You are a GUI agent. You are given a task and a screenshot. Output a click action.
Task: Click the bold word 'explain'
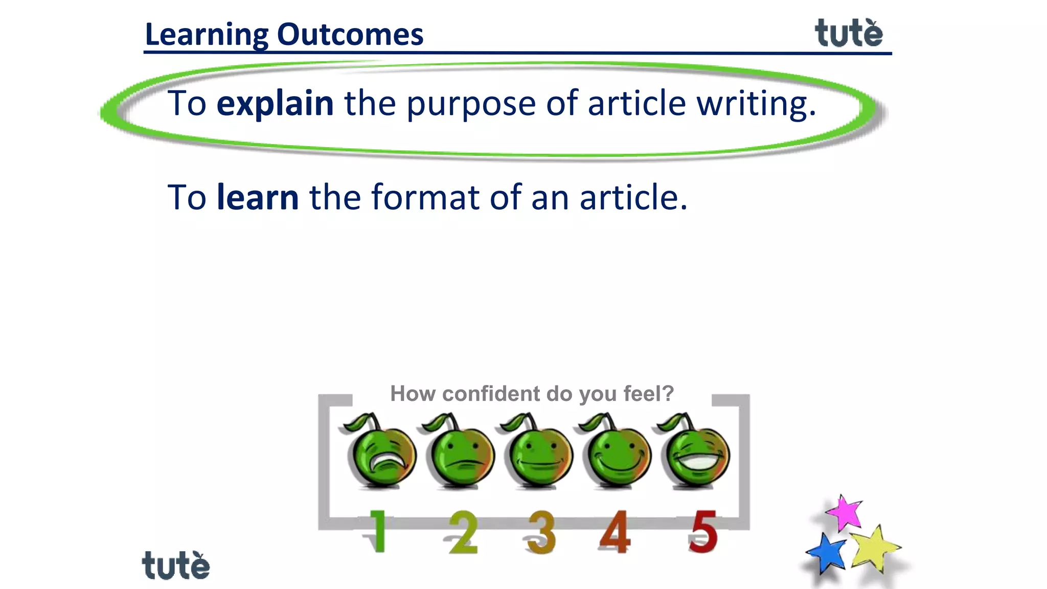click(275, 103)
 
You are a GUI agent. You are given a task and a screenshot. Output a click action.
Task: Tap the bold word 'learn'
click(258, 197)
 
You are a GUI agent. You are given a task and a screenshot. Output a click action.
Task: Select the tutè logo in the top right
click(849, 34)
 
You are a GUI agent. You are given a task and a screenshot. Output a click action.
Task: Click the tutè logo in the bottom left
click(176, 565)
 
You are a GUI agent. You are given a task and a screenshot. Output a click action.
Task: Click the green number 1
click(377, 532)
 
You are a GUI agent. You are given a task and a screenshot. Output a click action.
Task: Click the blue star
click(826, 553)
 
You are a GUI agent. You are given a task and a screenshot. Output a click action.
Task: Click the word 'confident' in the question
click(491, 394)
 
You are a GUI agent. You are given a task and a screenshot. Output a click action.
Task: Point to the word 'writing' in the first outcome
click(750, 103)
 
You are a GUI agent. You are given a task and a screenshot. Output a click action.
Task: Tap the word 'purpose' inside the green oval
click(471, 104)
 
